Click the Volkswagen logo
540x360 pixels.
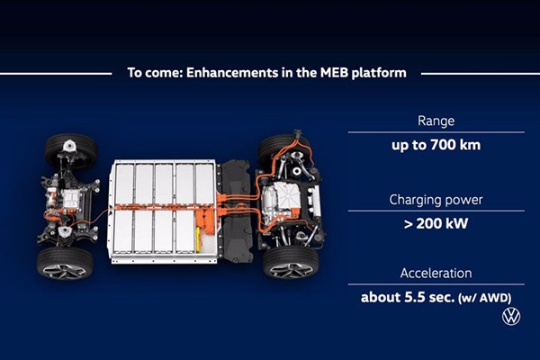(511, 316)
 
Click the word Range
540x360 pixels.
(436, 121)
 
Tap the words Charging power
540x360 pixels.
(436, 200)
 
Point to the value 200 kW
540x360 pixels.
(442, 224)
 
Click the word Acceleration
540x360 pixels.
(436, 274)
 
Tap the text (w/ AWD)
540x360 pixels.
(485, 298)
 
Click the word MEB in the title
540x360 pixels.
(334, 73)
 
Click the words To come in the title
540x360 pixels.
(155, 73)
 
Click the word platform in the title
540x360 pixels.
(379, 74)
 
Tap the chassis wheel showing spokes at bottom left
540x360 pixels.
(65, 263)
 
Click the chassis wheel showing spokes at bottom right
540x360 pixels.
(291, 263)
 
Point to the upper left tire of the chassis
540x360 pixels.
(71, 150)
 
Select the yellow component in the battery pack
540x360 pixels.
(198, 239)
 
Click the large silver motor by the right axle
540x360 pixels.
(280, 202)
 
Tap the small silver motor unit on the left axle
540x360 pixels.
(71, 199)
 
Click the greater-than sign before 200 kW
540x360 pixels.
(408, 224)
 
